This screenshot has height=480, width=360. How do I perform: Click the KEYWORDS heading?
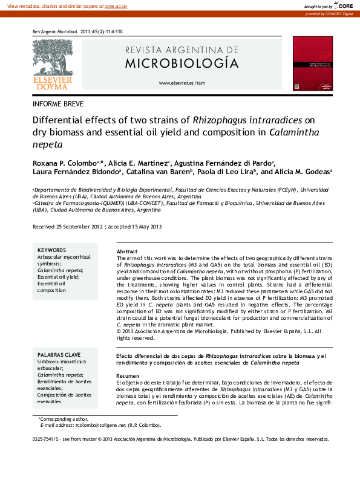[x=51, y=250]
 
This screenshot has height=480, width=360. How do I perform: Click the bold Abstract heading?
[x=126, y=251]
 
